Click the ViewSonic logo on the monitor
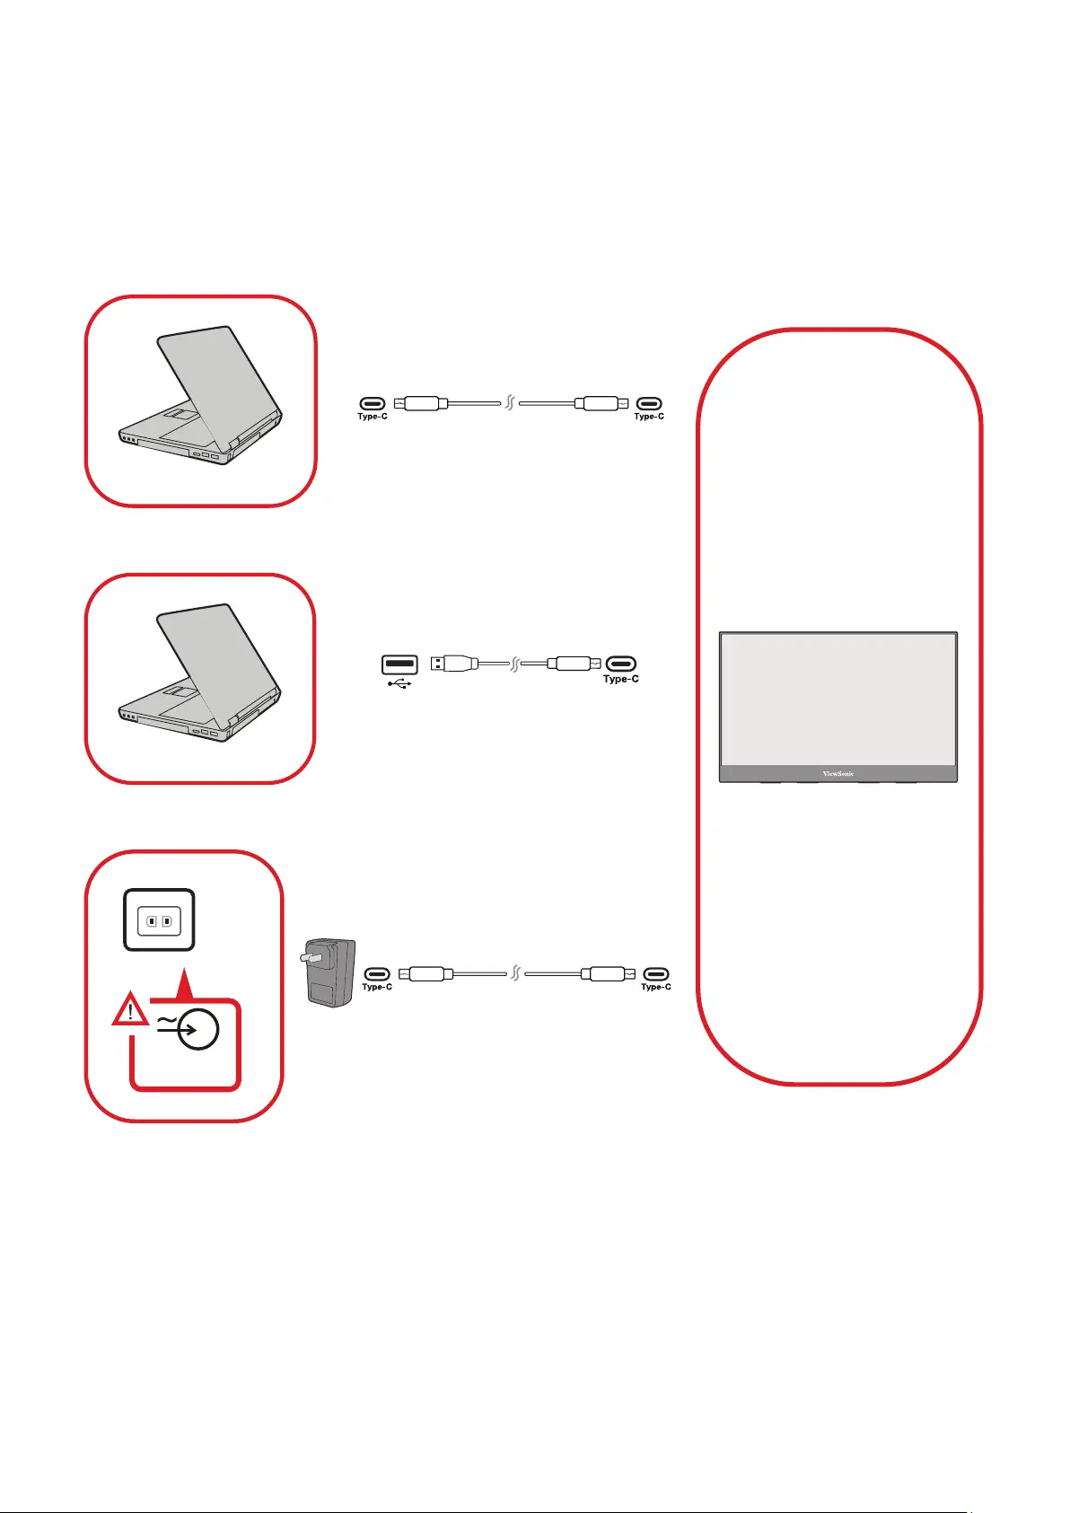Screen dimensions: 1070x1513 pos(838,773)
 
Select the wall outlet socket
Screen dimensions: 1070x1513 pos(159,919)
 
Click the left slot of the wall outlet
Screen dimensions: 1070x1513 pos(152,920)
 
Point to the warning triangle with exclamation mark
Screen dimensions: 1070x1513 pos(131,1010)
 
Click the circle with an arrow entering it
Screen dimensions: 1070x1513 pos(196,1030)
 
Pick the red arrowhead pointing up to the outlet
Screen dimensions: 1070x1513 pos(183,984)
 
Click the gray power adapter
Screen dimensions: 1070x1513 pos(330,975)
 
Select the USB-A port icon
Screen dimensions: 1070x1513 pos(399,665)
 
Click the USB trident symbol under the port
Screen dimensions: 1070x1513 pos(399,683)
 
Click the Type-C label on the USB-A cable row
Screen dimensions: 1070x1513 pos(621,680)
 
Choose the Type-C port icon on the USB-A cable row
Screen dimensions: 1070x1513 pos(621,664)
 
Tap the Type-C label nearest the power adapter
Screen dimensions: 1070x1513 pos(377,987)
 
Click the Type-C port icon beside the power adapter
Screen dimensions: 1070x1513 pos(377,973)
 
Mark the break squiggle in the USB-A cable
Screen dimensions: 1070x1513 pos(515,664)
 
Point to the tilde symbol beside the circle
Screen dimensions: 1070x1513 pos(166,1022)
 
